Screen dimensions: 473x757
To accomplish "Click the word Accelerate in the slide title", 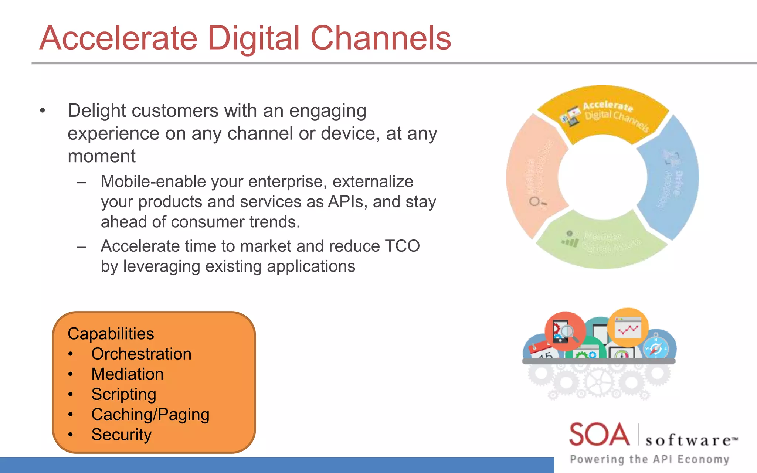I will click(x=118, y=38).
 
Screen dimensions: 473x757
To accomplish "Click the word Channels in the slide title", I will click(x=381, y=38).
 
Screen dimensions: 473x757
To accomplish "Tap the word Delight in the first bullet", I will click(x=96, y=111).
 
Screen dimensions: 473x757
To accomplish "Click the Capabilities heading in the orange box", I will click(x=111, y=334).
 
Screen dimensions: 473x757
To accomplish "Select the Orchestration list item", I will click(x=141, y=354).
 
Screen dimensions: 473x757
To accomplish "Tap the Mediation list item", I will click(x=127, y=374).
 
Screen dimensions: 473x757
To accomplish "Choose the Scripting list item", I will click(x=123, y=394).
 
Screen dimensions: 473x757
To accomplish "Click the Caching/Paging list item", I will click(x=150, y=415).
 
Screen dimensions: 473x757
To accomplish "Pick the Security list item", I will click(x=121, y=435).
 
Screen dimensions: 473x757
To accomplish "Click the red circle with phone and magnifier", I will click(x=564, y=331).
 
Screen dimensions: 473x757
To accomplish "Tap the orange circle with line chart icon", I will click(x=628, y=327).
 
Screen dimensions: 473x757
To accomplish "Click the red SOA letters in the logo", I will click(x=599, y=435).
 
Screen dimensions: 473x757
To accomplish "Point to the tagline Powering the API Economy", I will click(x=649, y=459).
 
